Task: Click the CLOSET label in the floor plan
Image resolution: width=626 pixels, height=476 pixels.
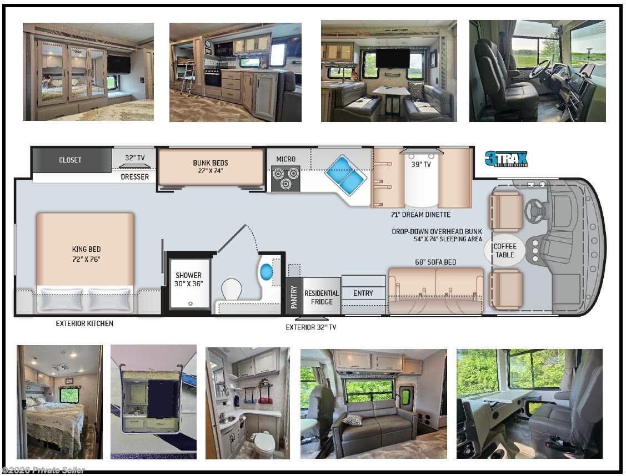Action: pos(70,160)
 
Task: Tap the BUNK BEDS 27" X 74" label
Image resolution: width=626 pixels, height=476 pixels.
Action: pos(211,166)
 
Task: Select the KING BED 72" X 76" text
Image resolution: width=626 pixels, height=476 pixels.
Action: pos(86,254)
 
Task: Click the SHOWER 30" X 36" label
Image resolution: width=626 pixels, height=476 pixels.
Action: pos(189,279)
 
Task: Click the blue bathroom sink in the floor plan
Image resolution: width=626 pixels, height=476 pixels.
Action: pos(266,272)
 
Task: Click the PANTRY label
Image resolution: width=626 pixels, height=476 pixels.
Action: pos(294,297)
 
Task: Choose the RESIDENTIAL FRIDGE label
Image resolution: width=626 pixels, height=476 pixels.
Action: pos(322,297)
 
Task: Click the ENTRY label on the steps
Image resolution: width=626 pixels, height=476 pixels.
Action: pos(363,293)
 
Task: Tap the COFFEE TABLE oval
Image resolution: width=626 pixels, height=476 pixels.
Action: pos(505,251)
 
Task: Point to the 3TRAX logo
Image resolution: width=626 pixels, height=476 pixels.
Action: pos(506,159)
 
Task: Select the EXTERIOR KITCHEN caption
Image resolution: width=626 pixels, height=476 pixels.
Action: pos(84,323)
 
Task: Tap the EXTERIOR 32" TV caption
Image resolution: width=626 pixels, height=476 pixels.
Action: pos(311,327)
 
